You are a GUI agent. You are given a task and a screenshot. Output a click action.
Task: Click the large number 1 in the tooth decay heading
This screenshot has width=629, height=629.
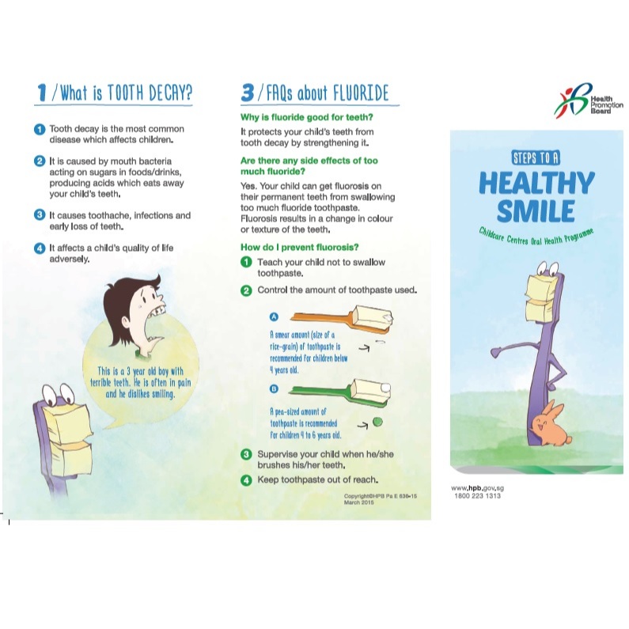42,93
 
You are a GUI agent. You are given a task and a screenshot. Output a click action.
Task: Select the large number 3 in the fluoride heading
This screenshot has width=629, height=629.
248,93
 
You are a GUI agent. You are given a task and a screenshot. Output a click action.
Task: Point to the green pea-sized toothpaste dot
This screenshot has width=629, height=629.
377,422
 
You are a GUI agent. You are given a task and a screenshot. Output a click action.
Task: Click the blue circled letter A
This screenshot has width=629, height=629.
274,317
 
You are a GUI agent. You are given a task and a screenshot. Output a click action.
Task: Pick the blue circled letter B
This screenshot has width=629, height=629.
274,388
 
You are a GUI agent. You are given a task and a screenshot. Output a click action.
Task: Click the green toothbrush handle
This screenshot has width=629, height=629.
320,390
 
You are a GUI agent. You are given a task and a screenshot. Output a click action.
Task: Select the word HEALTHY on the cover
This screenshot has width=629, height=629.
536,183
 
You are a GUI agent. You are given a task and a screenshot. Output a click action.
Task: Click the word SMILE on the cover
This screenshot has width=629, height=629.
536,210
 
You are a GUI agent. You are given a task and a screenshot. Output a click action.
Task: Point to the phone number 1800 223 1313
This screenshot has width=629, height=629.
477,496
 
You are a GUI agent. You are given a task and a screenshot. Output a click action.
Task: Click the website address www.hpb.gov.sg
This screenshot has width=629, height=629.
477,488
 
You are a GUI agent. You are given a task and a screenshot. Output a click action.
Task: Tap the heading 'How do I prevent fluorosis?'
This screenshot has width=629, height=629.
299,247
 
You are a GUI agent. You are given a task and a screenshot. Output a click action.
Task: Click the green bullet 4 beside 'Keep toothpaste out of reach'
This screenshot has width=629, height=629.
246,479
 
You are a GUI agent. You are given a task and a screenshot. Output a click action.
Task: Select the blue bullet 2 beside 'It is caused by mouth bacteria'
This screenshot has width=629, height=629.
40,161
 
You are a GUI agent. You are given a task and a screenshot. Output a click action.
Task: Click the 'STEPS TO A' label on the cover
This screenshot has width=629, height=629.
536,158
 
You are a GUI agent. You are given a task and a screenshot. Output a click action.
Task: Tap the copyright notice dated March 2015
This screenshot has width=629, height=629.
380,499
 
